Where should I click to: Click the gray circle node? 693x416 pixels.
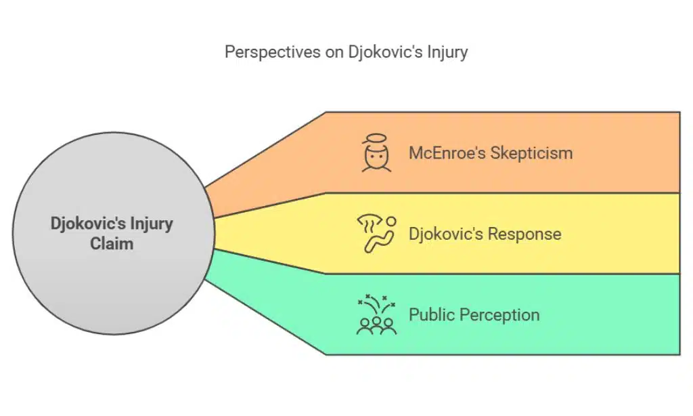point(112,234)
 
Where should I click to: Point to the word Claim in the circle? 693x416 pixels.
point(112,243)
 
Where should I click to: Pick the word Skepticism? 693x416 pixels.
point(532,152)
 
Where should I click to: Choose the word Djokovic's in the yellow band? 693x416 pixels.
point(445,234)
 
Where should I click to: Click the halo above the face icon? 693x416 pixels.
point(376,139)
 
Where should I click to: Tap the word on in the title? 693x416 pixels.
point(335,53)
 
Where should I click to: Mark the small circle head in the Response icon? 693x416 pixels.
point(390,220)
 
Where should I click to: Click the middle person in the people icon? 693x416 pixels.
point(376,325)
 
